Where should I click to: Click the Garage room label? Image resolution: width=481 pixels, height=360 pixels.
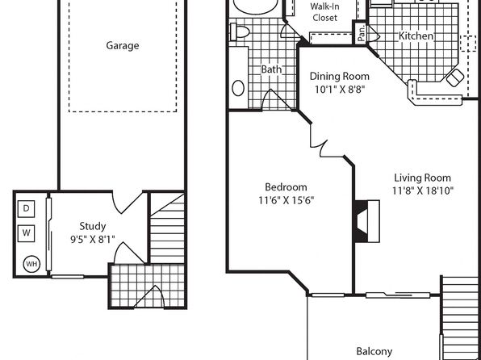point(123,46)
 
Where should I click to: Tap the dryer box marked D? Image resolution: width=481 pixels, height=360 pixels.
point(26,209)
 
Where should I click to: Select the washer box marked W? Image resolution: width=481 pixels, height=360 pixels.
point(26,233)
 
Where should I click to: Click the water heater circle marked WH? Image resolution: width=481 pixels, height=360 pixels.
point(32,264)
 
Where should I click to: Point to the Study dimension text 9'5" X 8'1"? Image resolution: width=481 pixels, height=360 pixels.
point(93,239)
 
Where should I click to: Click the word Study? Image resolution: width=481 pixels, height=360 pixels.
point(93,227)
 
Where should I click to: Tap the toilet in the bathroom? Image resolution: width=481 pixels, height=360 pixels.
point(240,32)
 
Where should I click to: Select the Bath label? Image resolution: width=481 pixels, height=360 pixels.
point(271,69)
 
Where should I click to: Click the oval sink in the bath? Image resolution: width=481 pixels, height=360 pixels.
point(238,89)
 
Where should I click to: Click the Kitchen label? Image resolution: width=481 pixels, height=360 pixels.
point(416,36)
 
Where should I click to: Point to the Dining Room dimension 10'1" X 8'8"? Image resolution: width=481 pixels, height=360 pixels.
point(340,90)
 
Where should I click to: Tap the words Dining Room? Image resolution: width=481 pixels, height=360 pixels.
point(340,77)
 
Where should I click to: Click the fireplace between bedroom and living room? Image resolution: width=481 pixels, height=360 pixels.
point(367,221)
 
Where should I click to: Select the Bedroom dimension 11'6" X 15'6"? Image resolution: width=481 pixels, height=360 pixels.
point(287,201)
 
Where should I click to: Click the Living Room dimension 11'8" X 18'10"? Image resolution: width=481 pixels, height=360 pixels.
point(423,190)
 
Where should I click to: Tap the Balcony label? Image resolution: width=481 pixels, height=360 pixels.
point(374,351)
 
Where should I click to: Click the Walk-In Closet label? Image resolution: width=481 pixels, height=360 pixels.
point(325,11)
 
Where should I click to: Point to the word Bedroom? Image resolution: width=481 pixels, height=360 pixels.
point(286,187)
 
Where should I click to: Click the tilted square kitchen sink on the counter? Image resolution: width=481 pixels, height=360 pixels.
point(455,78)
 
